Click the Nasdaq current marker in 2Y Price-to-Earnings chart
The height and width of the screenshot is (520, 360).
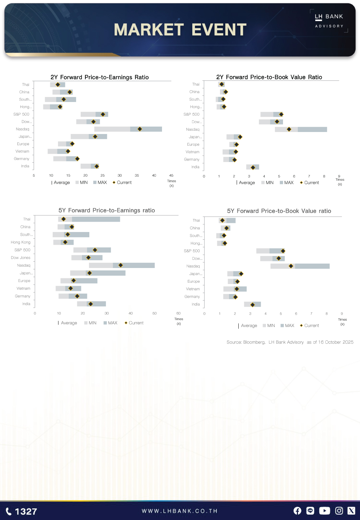(x=140, y=129)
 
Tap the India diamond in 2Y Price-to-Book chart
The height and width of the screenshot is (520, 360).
(x=253, y=167)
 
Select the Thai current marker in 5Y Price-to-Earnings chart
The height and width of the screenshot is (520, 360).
(x=63, y=219)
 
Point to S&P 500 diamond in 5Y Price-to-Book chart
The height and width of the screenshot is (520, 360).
(x=283, y=251)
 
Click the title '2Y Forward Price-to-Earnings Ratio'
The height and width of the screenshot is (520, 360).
(x=100, y=77)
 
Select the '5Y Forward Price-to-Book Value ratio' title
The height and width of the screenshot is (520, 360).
(x=279, y=211)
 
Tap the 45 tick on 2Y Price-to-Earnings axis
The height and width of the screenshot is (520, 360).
(x=171, y=175)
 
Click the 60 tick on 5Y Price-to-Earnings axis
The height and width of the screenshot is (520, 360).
(x=178, y=313)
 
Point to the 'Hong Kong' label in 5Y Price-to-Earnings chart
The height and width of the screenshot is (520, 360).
(x=21, y=242)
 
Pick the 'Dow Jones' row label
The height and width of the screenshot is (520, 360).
(x=21, y=258)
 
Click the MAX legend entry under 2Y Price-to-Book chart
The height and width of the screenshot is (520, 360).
(x=287, y=183)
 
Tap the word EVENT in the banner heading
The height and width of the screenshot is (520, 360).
(x=219, y=30)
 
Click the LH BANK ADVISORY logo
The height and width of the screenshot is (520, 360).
(x=329, y=21)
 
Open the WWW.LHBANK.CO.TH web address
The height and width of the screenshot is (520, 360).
(x=180, y=511)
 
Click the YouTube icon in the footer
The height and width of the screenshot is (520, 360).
(x=324, y=511)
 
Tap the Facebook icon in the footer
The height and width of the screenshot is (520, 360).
(x=297, y=511)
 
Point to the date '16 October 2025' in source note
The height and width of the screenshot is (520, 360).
(x=336, y=342)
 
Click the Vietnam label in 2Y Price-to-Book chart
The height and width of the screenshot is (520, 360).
(x=192, y=152)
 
